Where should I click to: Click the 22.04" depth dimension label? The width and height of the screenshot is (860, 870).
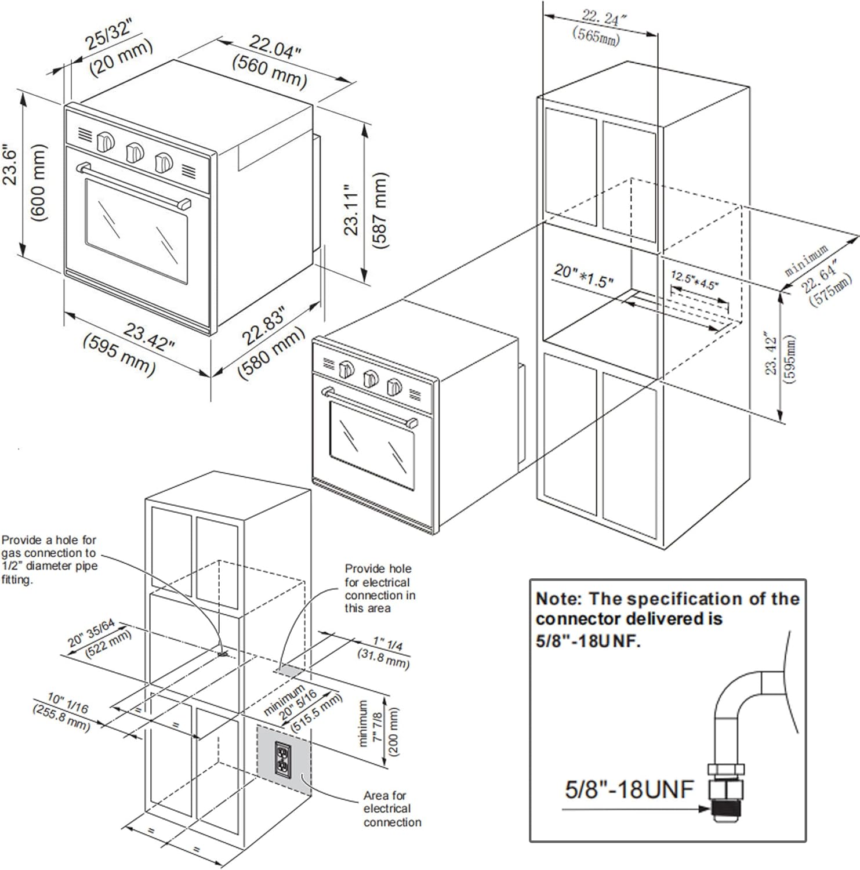[275, 51]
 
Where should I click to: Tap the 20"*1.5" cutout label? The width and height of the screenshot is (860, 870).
[583, 275]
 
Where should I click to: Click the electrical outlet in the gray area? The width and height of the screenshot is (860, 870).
[282, 759]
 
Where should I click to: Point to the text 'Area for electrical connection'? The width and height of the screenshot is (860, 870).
[391, 809]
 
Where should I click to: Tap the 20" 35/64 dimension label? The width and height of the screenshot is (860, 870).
[92, 633]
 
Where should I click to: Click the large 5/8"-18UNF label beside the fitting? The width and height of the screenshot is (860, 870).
[629, 789]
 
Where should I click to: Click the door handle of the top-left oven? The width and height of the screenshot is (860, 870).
[135, 186]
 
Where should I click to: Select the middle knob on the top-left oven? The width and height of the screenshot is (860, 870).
[135, 153]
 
